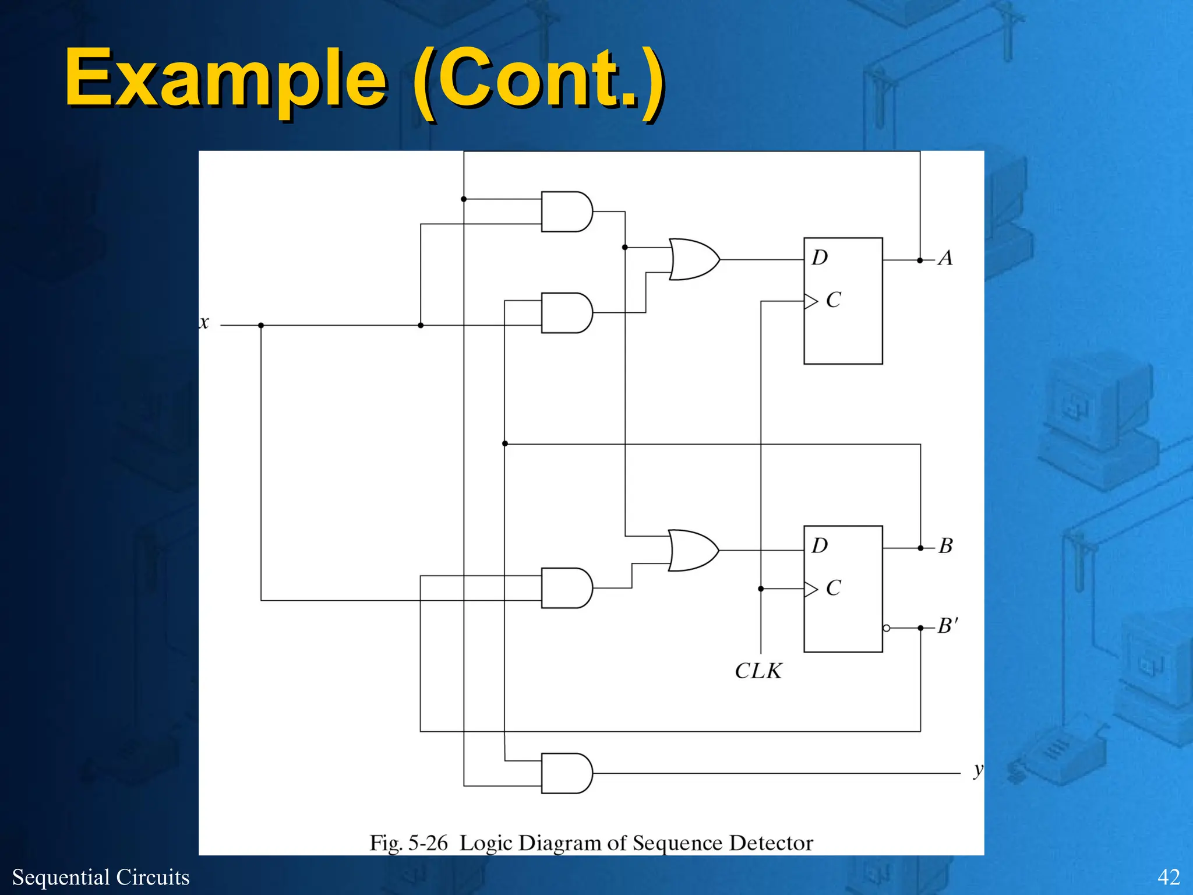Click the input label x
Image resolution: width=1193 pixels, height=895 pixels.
(x=204, y=323)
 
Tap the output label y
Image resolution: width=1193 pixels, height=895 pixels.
(x=978, y=770)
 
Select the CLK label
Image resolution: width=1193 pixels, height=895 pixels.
(x=758, y=671)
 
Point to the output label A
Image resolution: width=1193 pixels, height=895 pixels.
(x=945, y=258)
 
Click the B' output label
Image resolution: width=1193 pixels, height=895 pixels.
(x=948, y=626)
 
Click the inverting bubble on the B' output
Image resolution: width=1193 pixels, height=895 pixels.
(x=887, y=628)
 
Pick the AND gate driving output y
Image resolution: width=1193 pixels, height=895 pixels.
(x=566, y=773)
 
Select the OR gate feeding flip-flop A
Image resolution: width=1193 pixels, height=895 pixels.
(x=693, y=259)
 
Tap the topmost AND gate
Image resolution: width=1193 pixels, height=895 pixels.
(x=566, y=212)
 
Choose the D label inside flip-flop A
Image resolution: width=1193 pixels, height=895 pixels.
(x=820, y=258)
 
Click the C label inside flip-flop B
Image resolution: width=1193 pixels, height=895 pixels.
(x=834, y=588)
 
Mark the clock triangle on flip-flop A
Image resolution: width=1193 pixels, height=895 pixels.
(x=811, y=301)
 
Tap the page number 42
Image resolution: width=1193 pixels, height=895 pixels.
(x=1169, y=877)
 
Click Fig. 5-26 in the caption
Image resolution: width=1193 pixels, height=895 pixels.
(x=408, y=843)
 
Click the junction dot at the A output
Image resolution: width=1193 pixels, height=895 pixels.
(x=920, y=260)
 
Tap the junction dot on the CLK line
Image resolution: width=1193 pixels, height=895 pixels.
(x=761, y=589)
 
